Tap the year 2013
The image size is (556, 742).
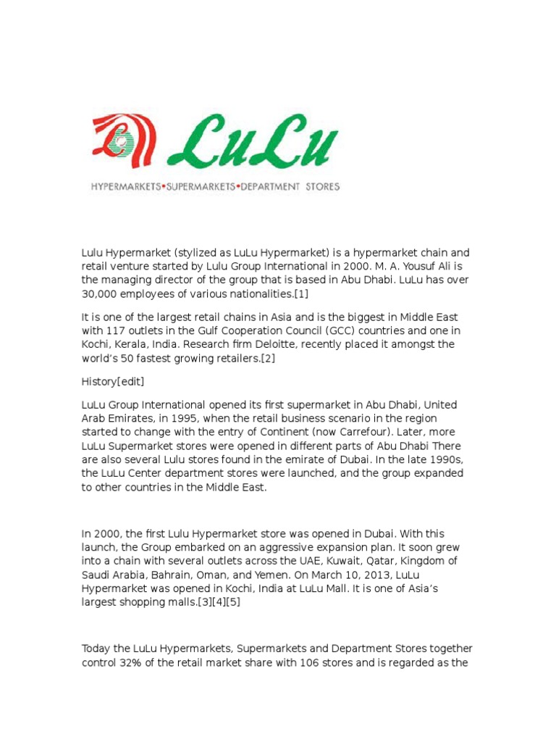[x=382, y=575]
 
